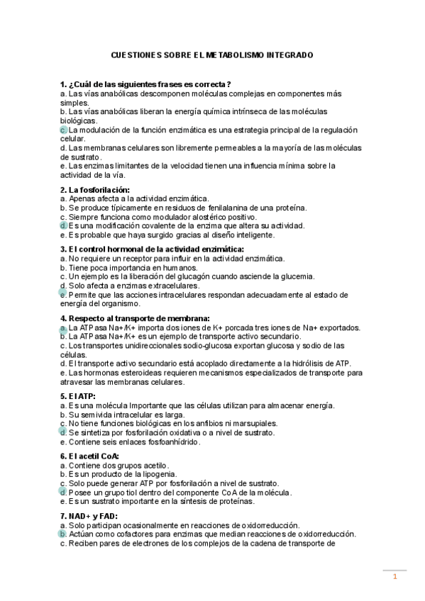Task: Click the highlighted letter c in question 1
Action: coord(63,130)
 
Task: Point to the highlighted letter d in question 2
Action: coord(63,225)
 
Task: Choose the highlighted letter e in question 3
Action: coord(63,293)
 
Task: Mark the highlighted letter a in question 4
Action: coord(63,328)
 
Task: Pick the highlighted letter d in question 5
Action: coord(63,432)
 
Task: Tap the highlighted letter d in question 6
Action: coord(63,492)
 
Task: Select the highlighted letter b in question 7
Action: coord(63,534)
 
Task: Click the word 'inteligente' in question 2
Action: coord(249,234)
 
